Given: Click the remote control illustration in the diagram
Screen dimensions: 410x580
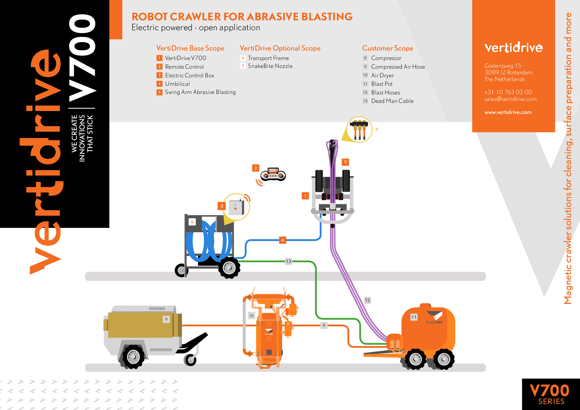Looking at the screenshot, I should (x=273, y=175).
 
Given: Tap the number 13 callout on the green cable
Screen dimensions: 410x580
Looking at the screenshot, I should (x=288, y=261).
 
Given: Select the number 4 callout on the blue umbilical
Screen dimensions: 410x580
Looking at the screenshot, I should (x=282, y=240).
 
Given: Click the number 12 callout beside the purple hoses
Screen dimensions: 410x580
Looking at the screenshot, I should (x=367, y=300).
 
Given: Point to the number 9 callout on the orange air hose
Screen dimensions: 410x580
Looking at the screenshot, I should (x=324, y=325).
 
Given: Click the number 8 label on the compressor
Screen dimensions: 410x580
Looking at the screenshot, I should (x=166, y=319).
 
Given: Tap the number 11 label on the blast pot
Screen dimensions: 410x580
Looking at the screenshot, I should (x=414, y=317).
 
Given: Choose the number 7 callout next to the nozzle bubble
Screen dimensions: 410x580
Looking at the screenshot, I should (x=376, y=129).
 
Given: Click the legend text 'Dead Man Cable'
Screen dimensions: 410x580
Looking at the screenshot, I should (x=392, y=101).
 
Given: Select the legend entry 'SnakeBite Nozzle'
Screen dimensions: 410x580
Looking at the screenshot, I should (x=270, y=66).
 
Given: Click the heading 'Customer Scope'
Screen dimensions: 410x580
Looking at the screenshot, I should (x=388, y=48).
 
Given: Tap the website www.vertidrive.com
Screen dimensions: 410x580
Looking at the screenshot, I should (x=508, y=112).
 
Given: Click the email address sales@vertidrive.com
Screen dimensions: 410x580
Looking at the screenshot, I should (x=510, y=99).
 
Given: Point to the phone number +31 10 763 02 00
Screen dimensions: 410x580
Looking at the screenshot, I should (x=508, y=92).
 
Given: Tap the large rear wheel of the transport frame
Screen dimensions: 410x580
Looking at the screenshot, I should (x=229, y=268).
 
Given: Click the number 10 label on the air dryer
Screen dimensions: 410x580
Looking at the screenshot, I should (x=251, y=316).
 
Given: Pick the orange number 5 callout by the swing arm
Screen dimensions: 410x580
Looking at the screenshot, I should (x=345, y=162).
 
